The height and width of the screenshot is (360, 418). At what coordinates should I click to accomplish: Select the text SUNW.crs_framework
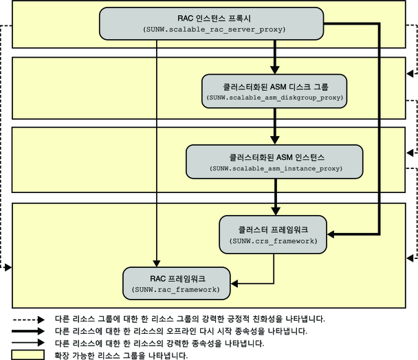pos(273,241)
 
